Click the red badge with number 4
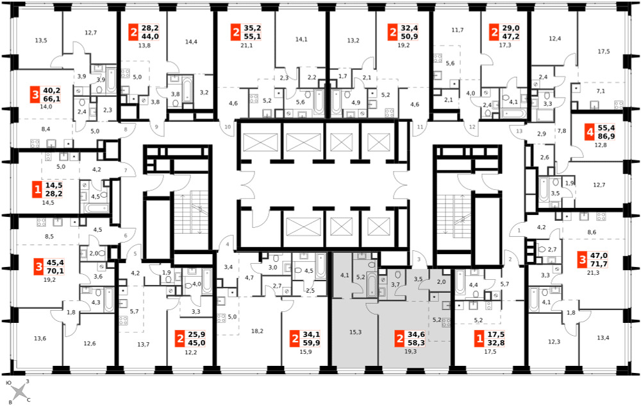tap(589, 132)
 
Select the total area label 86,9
tap(606, 136)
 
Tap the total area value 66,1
tap(52, 99)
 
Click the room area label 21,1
tap(247, 46)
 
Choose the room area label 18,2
tap(257, 331)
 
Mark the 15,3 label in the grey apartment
tap(355, 332)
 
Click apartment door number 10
tap(228, 126)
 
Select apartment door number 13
tap(519, 131)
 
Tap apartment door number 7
tap(126, 170)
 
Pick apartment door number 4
tap(228, 245)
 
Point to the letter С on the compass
tap(29, 400)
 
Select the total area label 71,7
tap(599, 263)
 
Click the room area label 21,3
tap(593, 273)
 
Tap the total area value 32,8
tap(496, 343)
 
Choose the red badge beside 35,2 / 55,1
tap(235, 32)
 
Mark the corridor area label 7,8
tap(562, 131)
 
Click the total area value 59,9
tap(311, 343)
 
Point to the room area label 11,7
tap(458, 30)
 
